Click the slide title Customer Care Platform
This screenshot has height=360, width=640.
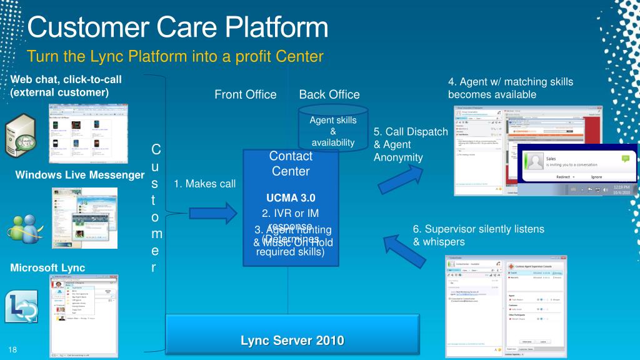(178, 27)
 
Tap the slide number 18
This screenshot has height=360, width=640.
(12, 348)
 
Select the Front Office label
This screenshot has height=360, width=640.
(245, 94)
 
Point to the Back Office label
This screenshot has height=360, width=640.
(329, 94)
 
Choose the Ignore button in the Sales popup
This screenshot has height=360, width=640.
(596, 177)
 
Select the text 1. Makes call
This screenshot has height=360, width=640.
(204, 183)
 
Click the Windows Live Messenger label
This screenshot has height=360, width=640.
(79, 174)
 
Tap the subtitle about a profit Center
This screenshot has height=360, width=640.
(176, 57)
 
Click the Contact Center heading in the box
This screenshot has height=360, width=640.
(291, 163)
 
